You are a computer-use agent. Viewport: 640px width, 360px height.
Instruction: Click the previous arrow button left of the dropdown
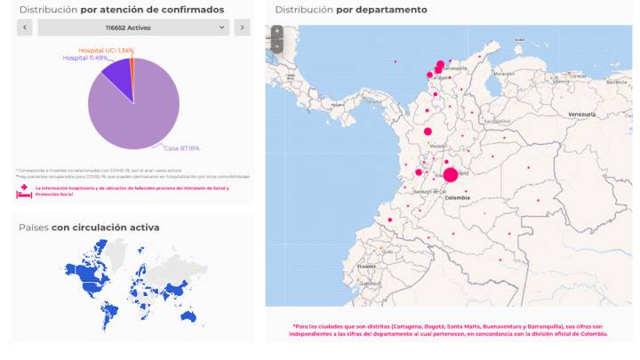click(x=25, y=28)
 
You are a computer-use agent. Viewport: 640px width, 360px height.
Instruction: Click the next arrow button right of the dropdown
click(x=242, y=28)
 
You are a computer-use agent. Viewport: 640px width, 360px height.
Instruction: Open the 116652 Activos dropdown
click(x=133, y=28)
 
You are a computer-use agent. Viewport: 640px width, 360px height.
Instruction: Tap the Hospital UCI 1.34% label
click(x=106, y=51)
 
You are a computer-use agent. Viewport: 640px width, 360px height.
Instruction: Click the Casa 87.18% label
click(x=181, y=148)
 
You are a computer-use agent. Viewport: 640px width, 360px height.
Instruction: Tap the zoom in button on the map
click(x=276, y=32)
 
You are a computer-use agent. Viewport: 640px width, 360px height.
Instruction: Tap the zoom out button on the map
click(x=276, y=45)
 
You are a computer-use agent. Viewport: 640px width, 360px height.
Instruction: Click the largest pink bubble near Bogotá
click(x=451, y=175)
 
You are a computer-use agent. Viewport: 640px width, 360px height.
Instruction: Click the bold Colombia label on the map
click(x=457, y=197)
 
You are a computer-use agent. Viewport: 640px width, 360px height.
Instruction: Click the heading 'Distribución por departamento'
click(x=350, y=10)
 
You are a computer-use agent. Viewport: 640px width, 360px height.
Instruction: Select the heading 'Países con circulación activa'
click(x=89, y=228)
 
